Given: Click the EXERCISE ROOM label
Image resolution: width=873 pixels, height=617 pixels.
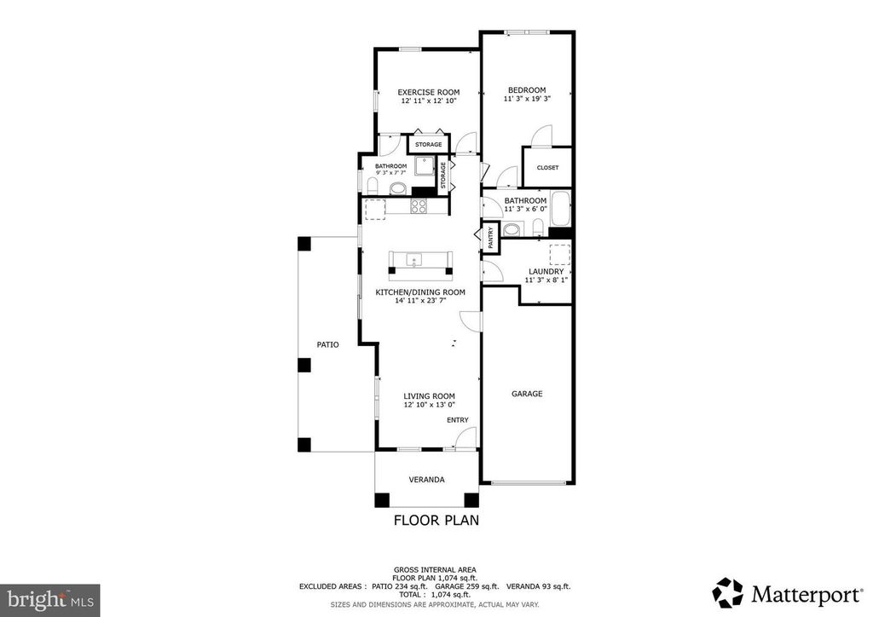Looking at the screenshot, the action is [428, 92].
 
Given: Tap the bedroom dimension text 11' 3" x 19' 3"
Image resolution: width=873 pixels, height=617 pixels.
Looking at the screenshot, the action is [527, 99].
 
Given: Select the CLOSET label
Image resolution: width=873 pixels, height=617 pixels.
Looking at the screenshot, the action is [547, 168].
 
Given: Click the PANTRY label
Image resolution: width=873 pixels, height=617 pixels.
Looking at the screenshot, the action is [490, 237].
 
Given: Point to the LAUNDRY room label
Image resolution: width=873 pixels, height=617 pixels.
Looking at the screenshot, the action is [546, 272].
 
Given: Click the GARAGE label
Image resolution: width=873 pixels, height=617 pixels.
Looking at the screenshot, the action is [527, 394].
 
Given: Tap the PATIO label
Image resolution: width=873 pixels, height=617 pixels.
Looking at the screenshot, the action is [328, 345].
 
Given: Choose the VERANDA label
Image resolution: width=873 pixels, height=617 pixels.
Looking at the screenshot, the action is [426, 480].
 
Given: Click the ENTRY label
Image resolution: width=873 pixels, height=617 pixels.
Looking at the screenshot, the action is [458, 420].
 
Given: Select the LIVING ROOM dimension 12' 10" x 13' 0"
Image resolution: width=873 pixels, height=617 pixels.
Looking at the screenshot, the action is [430, 405].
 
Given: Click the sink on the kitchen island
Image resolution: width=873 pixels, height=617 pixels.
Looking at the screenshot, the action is [413, 260].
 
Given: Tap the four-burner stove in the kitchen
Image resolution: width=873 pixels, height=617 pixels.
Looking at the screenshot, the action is [419, 206].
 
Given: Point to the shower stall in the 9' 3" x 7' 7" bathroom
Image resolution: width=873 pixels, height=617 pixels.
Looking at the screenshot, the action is [425, 165].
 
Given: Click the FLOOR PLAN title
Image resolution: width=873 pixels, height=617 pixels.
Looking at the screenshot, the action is [436, 520].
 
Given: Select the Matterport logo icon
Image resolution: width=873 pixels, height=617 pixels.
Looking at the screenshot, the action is [728, 592].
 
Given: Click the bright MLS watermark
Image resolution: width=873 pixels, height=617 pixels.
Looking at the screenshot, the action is [50, 600].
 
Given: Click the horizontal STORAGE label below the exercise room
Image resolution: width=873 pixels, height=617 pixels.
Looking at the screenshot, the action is [428, 145].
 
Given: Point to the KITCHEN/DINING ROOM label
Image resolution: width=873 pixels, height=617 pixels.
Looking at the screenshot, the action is [420, 292].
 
